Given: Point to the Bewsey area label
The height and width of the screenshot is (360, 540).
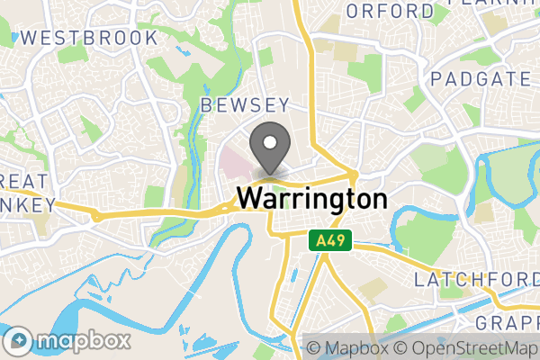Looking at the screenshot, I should click(x=245, y=105).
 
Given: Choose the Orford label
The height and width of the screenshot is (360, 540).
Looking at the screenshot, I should click(x=390, y=11).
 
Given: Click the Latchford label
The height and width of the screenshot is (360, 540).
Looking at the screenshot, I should click(x=476, y=280).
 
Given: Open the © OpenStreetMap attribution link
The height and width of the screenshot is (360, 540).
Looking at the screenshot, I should click(x=467, y=348).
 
